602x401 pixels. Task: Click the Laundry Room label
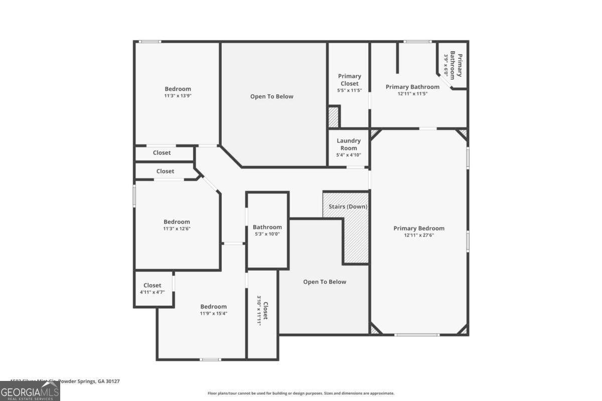[349, 144]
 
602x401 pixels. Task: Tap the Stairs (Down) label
[348, 207]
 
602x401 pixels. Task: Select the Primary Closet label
[349, 80]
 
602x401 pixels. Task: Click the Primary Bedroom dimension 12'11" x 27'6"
[419, 235]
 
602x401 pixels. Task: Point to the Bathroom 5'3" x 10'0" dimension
[267, 234]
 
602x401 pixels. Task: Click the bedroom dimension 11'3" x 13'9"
[178, 95]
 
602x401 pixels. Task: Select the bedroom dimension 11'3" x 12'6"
[177, 229]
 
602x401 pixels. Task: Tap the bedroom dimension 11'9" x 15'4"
[213, 313]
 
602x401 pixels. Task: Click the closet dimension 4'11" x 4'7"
[153, 292]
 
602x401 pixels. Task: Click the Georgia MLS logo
[30, 391]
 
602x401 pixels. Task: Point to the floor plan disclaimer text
[301, 393]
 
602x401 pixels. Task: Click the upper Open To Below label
[272, 96]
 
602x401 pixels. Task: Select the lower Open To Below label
[325, 282]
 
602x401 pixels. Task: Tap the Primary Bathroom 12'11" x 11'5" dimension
[412, 93]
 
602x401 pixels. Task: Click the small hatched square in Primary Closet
[334, 117]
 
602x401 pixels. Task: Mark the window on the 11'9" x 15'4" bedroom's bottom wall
[210, 359]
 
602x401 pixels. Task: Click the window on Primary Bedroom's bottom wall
[417, 335]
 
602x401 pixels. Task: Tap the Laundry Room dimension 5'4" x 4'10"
[349, 155]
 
